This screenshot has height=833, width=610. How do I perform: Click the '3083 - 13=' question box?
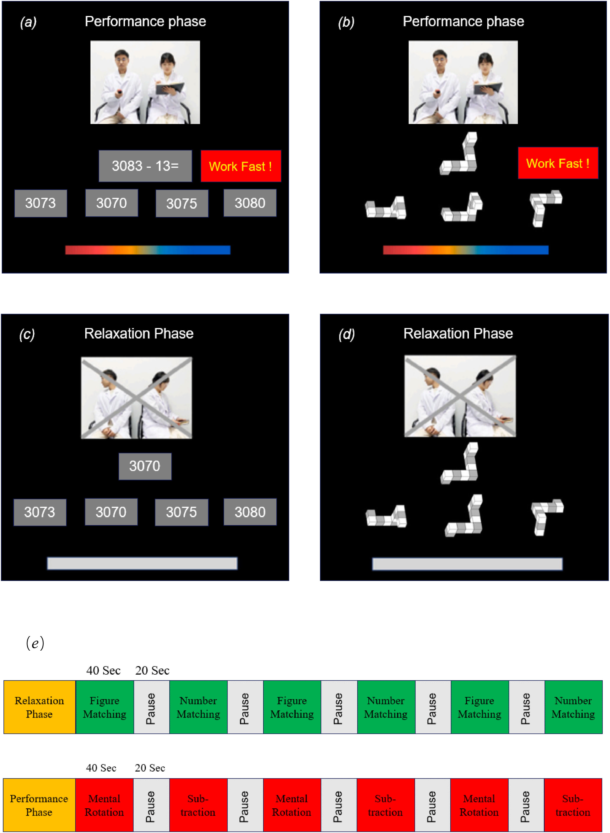pyautogui.click(x=145, y=166)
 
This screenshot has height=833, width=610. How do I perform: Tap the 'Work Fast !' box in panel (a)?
pyautogui.click(x=241, y=166)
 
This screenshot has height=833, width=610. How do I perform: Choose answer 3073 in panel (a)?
pyautogui.click(x=41, y=203)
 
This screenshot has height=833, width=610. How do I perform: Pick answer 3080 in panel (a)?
pyautogui.click(x=250, y=203)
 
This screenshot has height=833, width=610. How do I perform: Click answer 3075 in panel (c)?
pyautogui.click(x=181, y=512)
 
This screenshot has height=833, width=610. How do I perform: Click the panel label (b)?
pyautogui.click(x=346, y=22)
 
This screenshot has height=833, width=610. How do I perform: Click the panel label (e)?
pyautogui.click(x=35, y=643)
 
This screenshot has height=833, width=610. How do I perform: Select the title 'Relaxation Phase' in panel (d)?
pyautogui.click(x=458, y=333)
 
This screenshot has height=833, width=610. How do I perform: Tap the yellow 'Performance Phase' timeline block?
pyautogui.click(x=39, y=805)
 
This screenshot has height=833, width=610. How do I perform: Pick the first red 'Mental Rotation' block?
pyautogui.click(x=104, y=805)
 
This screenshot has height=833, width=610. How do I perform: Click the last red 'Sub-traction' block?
pyautogui.click(x=573, y=805)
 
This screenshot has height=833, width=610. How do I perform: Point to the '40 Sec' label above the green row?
pyautogui.click(x=103, y=670)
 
